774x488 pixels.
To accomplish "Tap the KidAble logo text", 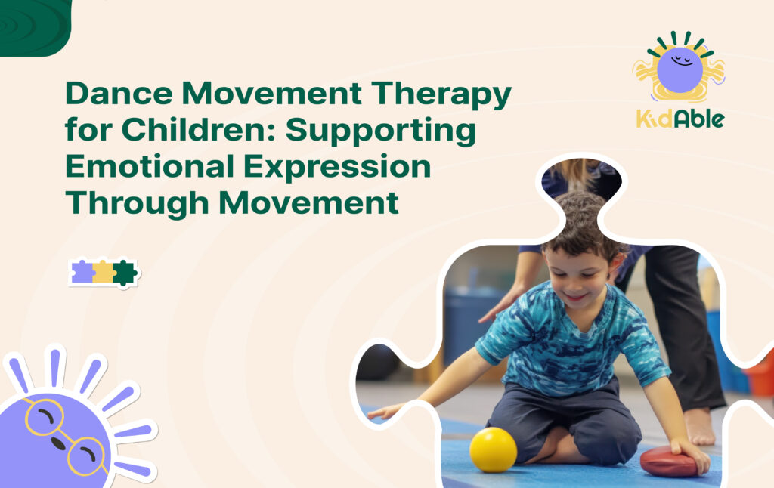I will tap(680, 118).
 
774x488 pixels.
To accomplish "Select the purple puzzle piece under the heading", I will tap(82, 272).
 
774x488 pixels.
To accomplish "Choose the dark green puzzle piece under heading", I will tap(124, 272).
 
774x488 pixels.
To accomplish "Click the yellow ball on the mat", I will tap(493, 449).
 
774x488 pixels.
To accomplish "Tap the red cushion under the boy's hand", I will tap(670, 460).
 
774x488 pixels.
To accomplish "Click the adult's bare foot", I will tap(700, 426).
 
